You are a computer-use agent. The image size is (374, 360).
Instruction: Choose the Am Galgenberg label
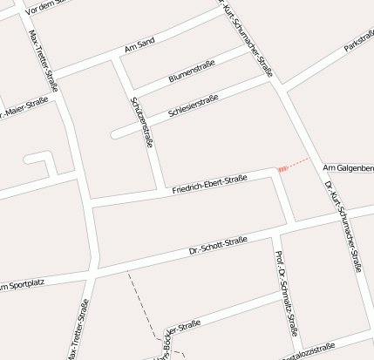point(348,166)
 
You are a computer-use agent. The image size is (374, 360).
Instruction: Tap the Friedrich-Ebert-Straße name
point(209,184)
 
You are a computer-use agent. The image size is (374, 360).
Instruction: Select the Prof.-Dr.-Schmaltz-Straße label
point(287,293)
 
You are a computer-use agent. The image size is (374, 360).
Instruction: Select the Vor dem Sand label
point(46,8)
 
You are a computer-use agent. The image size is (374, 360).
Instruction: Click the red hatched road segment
point(282,167)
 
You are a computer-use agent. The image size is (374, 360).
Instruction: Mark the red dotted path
point(298,162)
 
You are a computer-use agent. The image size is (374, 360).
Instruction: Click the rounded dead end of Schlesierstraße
point(115,134)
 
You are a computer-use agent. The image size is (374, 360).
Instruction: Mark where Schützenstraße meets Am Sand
point(119,59)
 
